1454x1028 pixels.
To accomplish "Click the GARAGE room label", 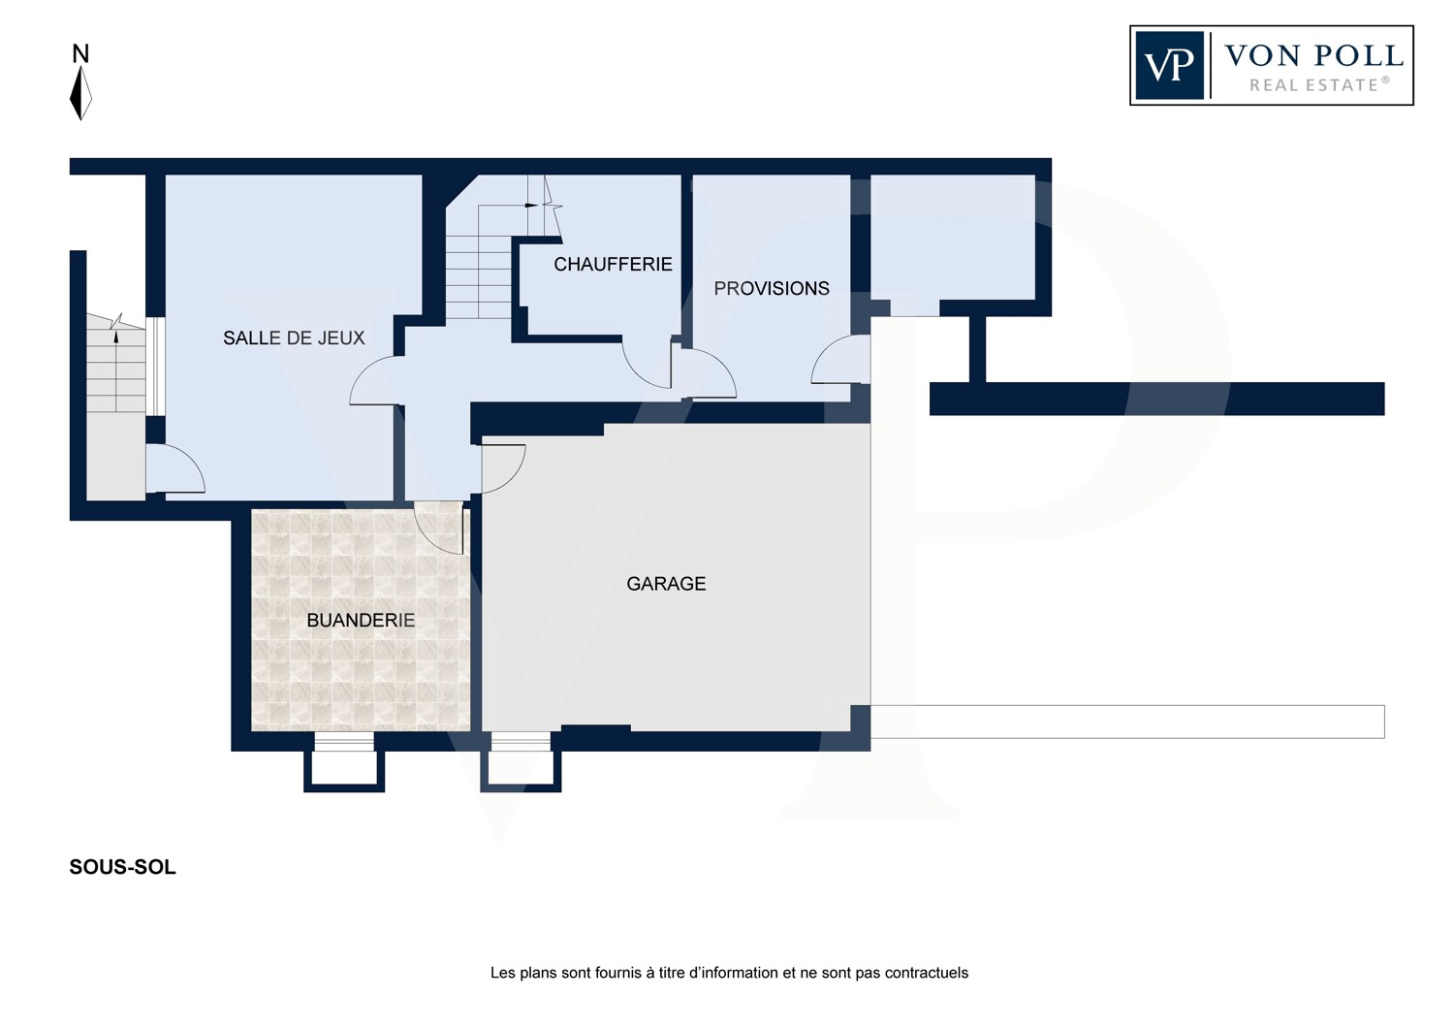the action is [x=666, y=584].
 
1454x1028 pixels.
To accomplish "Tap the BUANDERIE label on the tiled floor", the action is [x=361, y=620].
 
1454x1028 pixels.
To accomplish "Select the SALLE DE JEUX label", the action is [x=294, y=337].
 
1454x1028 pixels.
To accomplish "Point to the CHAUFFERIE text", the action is [x=613, y=265].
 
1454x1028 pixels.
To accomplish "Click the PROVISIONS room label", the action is [x=772, y=288].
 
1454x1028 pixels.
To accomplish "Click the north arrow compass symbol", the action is [x=80, y=93].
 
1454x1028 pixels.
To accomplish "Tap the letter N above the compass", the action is [x=80, y=54].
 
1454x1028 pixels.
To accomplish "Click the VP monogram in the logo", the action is [x=1169, y=66].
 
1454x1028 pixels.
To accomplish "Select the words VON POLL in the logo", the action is [x=1313, y=56].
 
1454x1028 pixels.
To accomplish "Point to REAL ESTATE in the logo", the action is [x=1319, y=85].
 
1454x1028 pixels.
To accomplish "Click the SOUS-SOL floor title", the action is [x=123, y=868].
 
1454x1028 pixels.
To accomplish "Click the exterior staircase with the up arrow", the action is [x=115, y=363].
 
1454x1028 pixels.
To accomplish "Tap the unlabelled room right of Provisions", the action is [x=952, y=238].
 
